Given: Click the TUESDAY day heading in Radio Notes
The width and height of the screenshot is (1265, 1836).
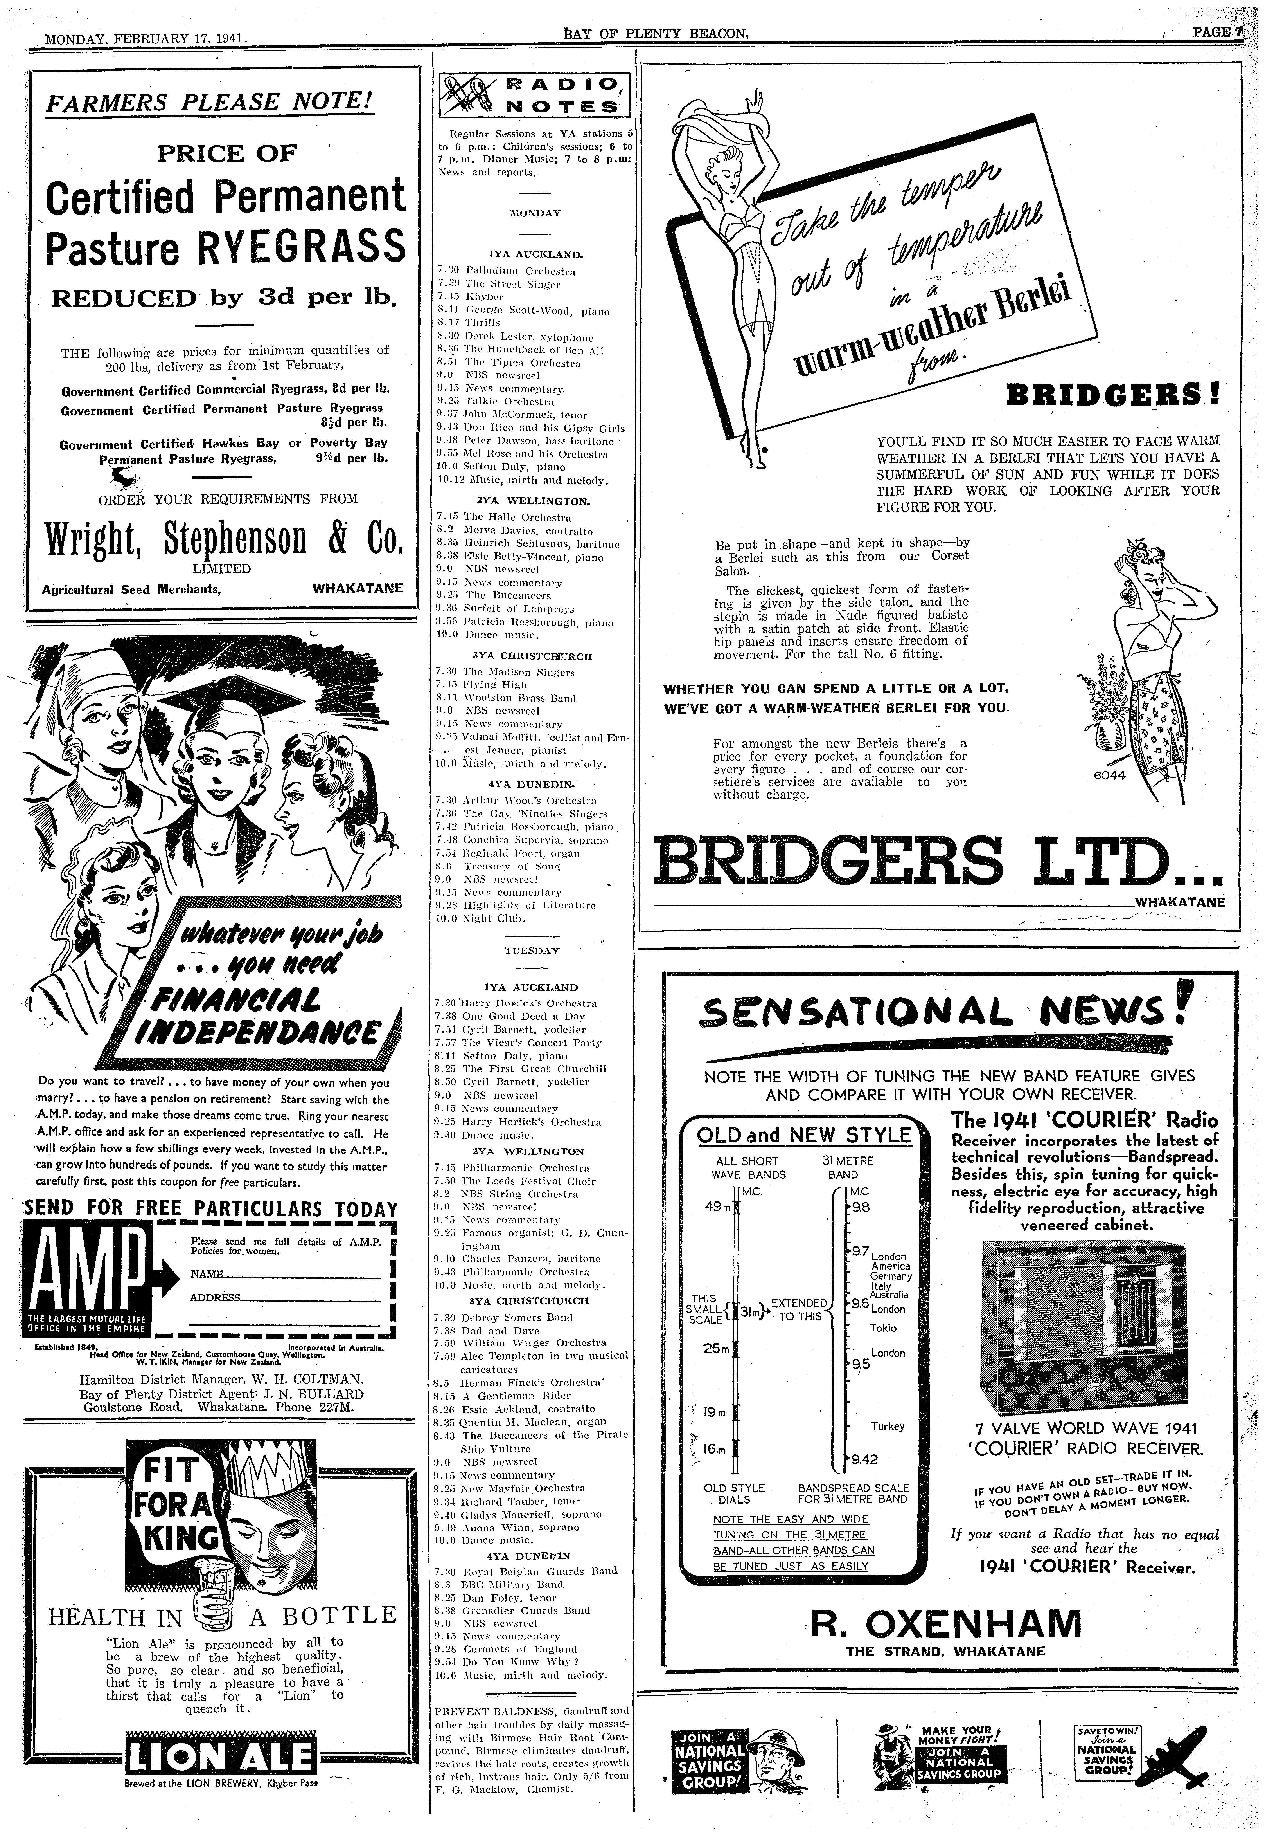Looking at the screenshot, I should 532,950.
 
